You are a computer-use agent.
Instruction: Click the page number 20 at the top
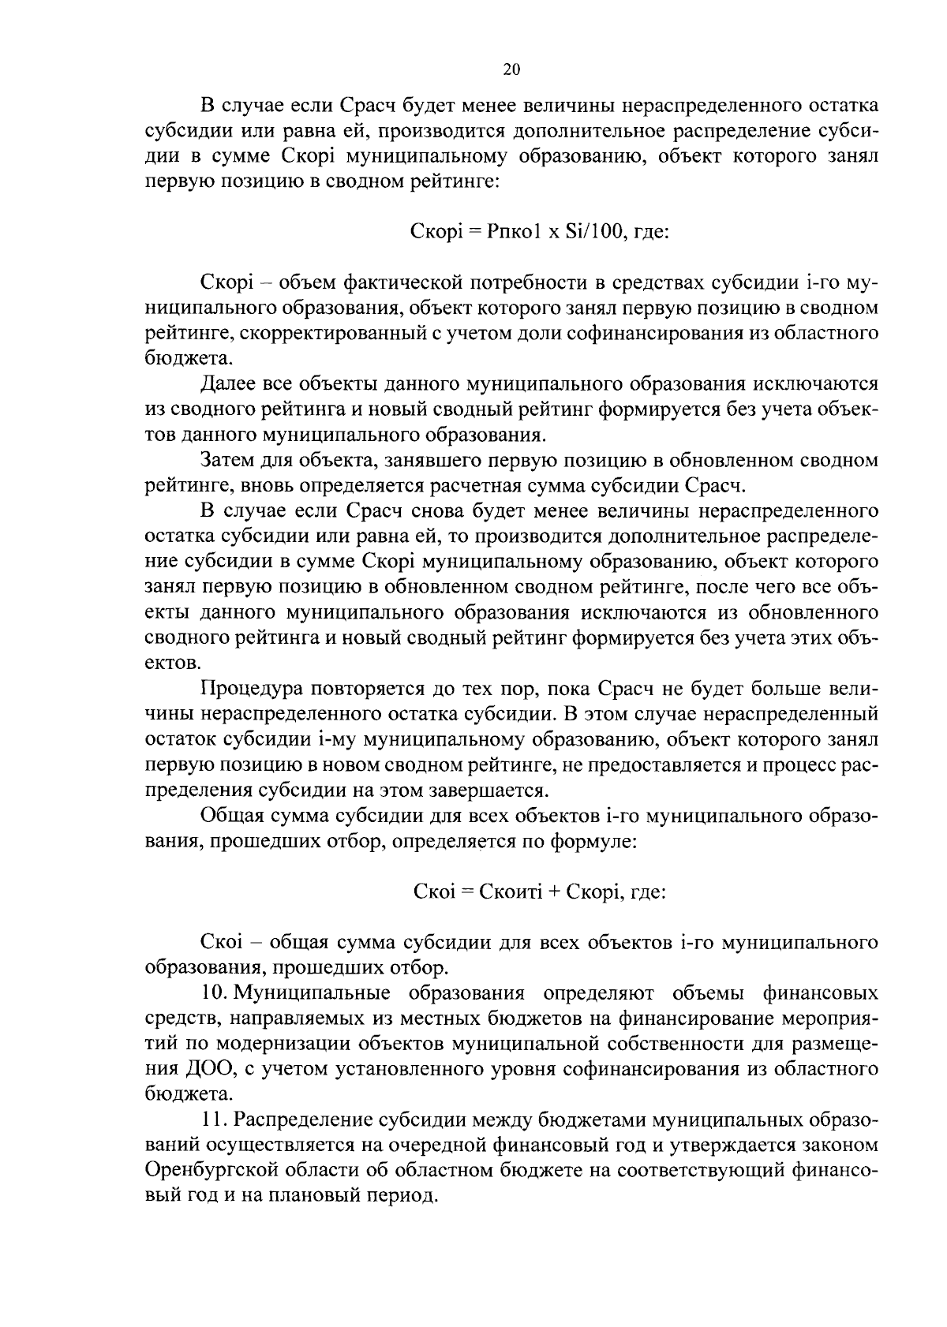[x=511, y=70]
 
